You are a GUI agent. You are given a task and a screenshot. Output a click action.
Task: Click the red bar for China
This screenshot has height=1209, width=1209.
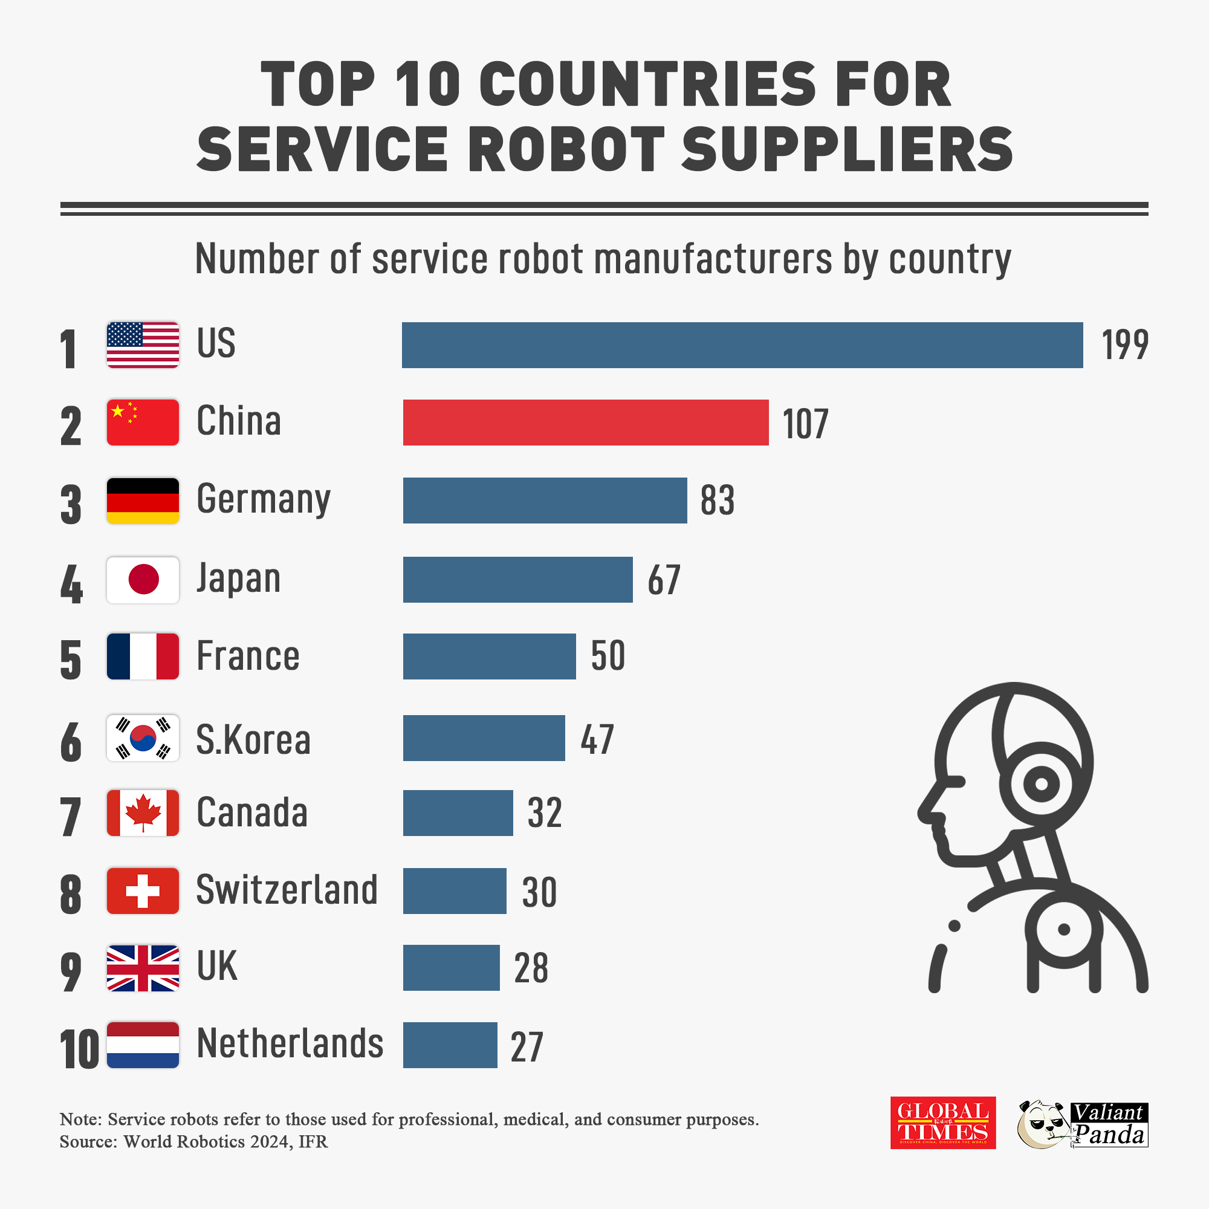click(x=585, y=423)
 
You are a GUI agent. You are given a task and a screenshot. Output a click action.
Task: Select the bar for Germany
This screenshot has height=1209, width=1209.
click(x=545, y=501)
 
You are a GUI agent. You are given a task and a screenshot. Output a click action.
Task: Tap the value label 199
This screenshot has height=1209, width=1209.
click(x=1124, y=345)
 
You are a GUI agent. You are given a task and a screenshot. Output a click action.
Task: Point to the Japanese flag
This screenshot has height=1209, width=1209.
click(x=143, y=580)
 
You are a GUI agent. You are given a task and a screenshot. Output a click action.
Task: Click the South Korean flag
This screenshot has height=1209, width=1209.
click(x=143, y=737)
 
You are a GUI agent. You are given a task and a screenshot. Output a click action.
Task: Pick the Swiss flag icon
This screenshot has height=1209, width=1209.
click(x=143, y=890)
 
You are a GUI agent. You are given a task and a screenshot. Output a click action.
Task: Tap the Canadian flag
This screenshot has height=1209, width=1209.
click(x=143, y=813)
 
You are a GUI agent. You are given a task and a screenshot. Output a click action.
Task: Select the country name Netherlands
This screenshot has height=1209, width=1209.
click(x=290, y=1043)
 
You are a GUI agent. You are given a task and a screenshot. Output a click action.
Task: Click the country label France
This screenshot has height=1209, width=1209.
click(x=248, y=656)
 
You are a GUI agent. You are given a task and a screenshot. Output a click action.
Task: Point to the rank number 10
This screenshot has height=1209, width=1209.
click(x=79, y=1049)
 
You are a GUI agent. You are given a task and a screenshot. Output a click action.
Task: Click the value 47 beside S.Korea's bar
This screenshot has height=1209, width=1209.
click(x=597, y=739)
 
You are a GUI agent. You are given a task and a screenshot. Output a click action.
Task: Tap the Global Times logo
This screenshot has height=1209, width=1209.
click(x=942, y=1123)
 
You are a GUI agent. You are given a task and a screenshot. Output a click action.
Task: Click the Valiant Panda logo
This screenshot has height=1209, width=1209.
click(x=1083, y=1124)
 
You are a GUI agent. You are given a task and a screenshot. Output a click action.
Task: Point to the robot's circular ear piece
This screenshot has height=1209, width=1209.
click(x=1041, y=783)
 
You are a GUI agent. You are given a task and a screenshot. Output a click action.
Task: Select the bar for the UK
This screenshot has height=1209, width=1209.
click(x=451, y=967)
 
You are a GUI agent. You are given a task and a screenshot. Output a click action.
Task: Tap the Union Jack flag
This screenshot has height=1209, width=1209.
click(x=143, y=967)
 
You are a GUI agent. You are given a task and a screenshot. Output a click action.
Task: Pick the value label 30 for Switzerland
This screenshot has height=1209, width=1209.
click(x=539, y=892)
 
